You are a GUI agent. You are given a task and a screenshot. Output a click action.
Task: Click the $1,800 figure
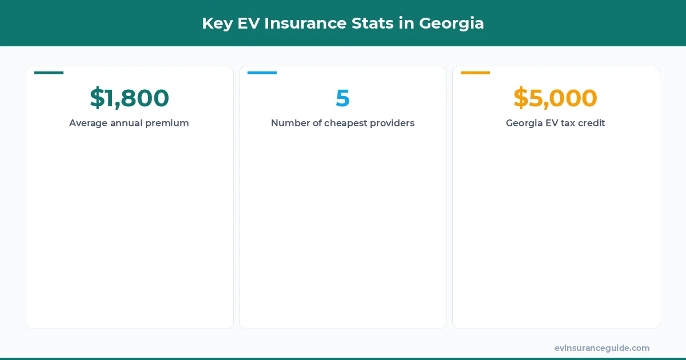click(x=129, y=98)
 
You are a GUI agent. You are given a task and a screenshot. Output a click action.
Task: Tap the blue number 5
click(x=342, y=98)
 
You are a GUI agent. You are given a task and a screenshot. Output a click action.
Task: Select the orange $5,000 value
click(x=555, y=98)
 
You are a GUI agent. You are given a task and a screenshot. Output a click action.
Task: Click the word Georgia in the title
click(x=452, y=23)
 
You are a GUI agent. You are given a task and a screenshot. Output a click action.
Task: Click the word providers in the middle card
click(x=391, y=123)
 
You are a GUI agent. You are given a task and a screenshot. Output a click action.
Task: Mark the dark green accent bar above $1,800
click(x=49, y=73)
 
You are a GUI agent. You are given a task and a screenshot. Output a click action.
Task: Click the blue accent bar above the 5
click(x=262, y=73)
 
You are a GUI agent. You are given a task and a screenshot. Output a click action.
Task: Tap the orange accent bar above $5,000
click(x=475, y=73)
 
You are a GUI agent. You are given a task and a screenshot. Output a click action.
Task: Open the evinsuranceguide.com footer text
click(x=601, y=348)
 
